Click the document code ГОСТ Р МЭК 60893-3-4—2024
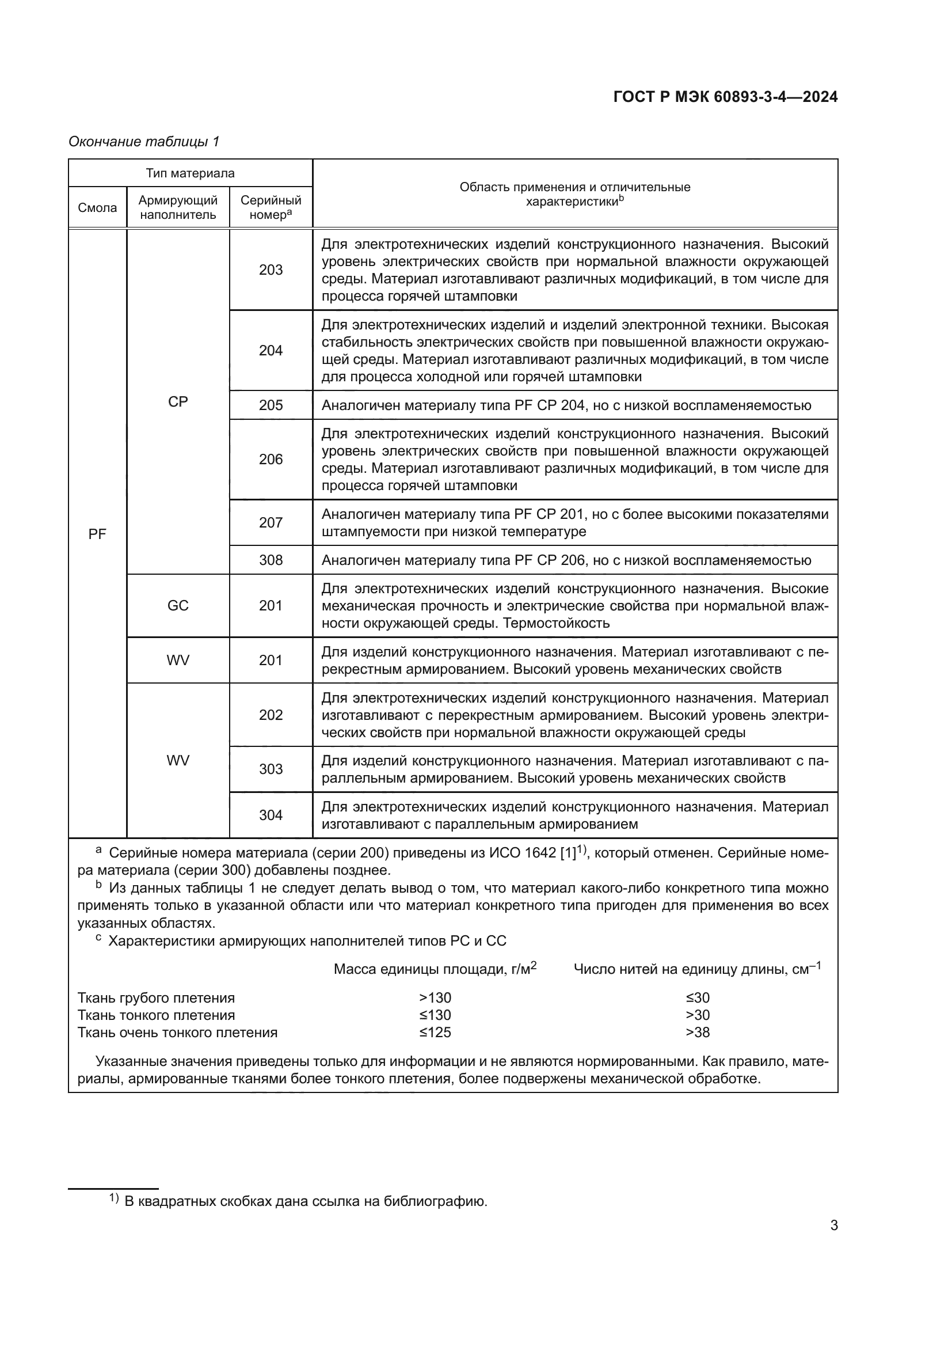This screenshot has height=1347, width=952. click(725, 97)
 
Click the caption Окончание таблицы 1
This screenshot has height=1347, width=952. click(144, 142)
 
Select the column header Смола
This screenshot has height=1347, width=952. click(97, 208)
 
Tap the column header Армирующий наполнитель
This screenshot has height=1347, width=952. click(178, 208)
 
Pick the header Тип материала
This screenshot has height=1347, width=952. click(190, 173)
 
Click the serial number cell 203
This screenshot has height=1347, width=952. click(271, 270)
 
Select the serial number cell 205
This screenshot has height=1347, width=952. click(271, 405)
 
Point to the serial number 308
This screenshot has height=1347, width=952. click(271, 560)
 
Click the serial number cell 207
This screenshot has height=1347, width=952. click(271, 523)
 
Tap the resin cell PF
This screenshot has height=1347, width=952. click(97, 534)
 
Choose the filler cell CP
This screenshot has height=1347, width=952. click(178, 403)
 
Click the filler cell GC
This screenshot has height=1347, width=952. click(178, 605)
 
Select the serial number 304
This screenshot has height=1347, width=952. click(271, 815)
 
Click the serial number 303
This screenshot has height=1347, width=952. click(271, 769)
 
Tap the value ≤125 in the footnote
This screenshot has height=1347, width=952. click(435, 1032)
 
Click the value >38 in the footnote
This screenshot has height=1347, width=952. click(698, 1032)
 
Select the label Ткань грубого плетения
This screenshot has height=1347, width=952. click(156, 998)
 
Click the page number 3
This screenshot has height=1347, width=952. click(833, 1225)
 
